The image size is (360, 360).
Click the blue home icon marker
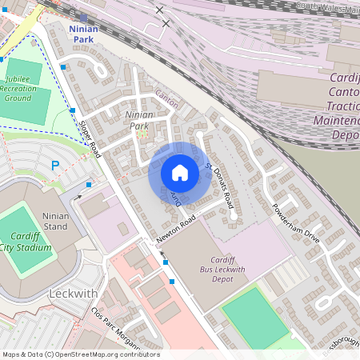[179, 173]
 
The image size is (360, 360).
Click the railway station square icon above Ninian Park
[84, 17]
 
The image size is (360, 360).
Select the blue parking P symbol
[55, 166]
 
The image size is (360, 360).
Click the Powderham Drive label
[295, 226]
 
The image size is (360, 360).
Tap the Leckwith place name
[73, 294]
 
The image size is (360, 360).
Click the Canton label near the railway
[166, 99]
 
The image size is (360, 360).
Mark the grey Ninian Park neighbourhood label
[138, 121]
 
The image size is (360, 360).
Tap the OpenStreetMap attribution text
[81, 354]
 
